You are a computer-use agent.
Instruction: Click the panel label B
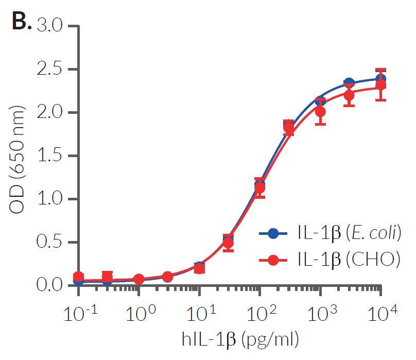point(21,23)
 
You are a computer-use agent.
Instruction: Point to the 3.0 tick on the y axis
point(53,26)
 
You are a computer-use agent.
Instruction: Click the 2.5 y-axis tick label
point(53,69)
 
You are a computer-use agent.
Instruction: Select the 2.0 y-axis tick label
point(53,112)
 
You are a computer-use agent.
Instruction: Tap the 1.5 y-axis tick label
point(53,156)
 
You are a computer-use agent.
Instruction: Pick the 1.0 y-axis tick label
point(53,199)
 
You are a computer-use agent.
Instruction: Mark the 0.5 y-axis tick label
point(53,242)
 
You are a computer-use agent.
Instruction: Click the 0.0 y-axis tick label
point(53,285)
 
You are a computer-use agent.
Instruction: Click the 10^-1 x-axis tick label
point(78,312)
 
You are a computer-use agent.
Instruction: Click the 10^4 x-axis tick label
point(382,312)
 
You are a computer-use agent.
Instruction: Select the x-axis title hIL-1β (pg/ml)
point(240,340)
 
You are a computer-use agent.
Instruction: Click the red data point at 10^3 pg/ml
point(320,112)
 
